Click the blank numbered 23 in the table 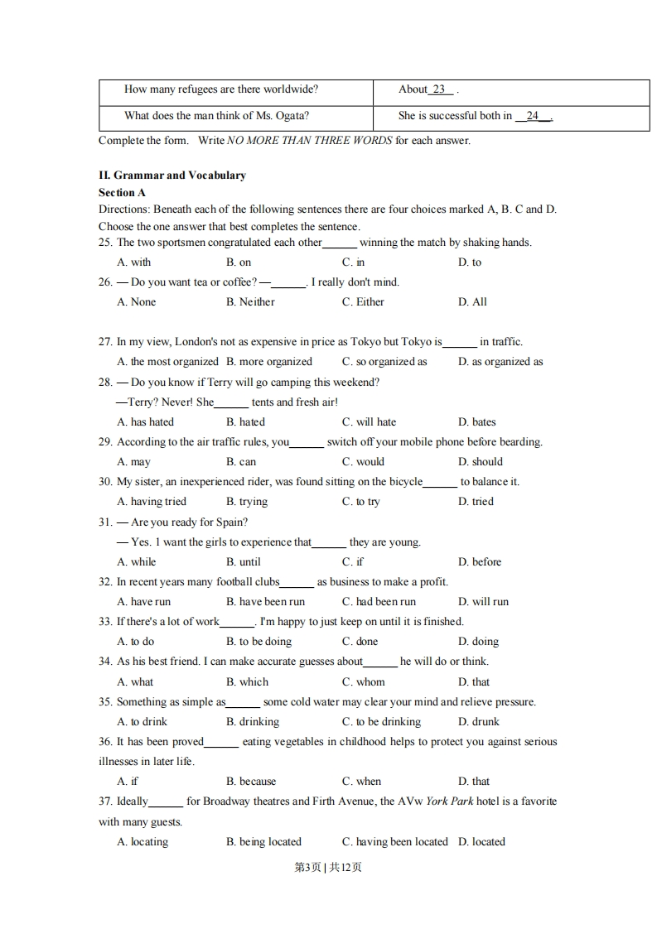pyautogui.click(x=439, y=89)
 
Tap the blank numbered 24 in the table pyautogui.click(x=533, y=116)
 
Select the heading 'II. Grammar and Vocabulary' pyautogui.click(x=172, y=176)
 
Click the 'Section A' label pyautogui.click(x=122, y=192)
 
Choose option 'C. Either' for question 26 pyautogui.click(x=363, y=302)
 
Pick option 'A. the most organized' pyautogui.click(x=167, y=362)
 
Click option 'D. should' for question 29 pyautogui.click(x=480, y=462)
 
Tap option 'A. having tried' pyautogui.click(x=152, y=502)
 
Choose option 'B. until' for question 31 pyautogui.click(x=243, y=562)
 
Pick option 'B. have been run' pyautogui.click(x=265, y=602)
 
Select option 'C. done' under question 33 pyautogui.click(x=360, y=642)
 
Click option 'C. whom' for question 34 pyautogui.click(x=363, y=682)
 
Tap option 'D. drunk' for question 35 pyautogui.click(x=478, y=722)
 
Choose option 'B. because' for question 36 pyautogui.click(x=251, y=782)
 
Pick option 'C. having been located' pyautogui.click(x=394, y=842)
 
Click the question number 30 pyautogui.click(x=105, y=482)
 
